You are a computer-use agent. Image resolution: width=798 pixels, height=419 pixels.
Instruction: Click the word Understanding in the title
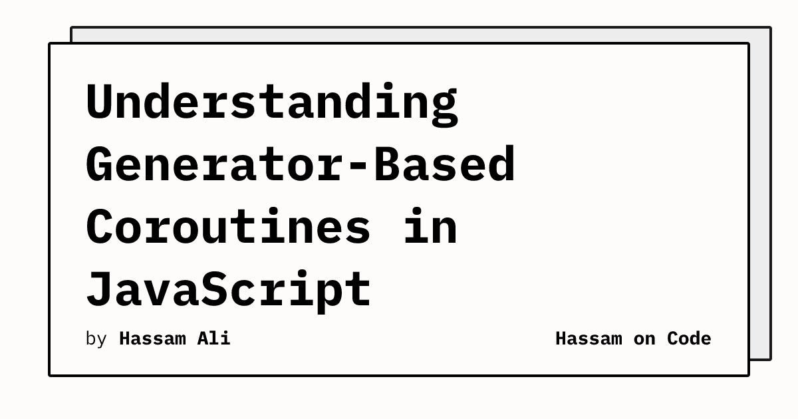pyautogui.click(x=272, y=104)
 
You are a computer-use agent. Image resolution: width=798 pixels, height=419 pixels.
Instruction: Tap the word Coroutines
pyautogui.click(x=228, y=226)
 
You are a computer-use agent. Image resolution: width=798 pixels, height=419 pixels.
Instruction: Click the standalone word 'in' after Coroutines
pyautogui.click(x=430, y=226)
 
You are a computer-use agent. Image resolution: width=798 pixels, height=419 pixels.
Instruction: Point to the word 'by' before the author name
pyautogui.click(x=96, y=339)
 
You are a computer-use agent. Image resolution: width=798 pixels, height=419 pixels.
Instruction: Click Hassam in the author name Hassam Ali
pyautogui.click(x=152, y=339)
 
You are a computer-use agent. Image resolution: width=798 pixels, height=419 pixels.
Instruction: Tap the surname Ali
pyautogui.click(x=213, y=339)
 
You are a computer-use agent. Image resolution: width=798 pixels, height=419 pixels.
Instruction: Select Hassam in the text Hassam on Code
pyautogui.click(x=589, y=339)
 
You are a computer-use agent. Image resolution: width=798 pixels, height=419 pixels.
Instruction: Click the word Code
pyautogui.click(x=689, y=339)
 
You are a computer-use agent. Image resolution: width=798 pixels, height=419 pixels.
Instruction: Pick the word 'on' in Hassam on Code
pyautogui.click(x=644, y=340)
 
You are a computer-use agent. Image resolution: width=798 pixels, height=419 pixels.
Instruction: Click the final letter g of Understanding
pyautogui.click(x=445, y=108)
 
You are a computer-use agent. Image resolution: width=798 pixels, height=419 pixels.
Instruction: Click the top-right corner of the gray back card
pyautogui.click(x=771, y=27)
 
